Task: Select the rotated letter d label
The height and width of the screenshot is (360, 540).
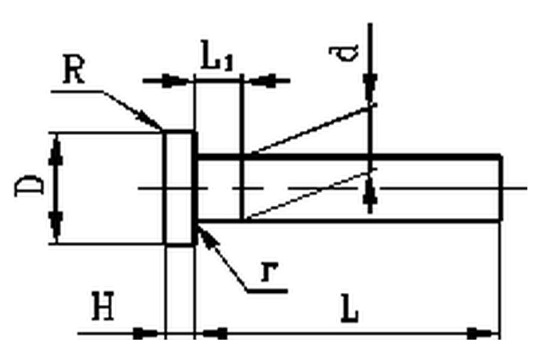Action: [x=344, y=53]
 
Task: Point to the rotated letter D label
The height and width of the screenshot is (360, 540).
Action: [x=29, y=185]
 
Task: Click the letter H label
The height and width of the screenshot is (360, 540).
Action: [x=103, y=306]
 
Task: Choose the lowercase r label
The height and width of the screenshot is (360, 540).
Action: [x=269, y=271]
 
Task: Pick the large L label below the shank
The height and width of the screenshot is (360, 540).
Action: [x=349, y=308]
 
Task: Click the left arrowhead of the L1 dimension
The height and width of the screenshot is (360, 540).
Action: [x=176, y=81]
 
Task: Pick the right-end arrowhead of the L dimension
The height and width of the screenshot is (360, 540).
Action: [x=482, y=334]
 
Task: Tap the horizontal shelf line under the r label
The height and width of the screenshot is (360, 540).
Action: [x=267, y=292]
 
